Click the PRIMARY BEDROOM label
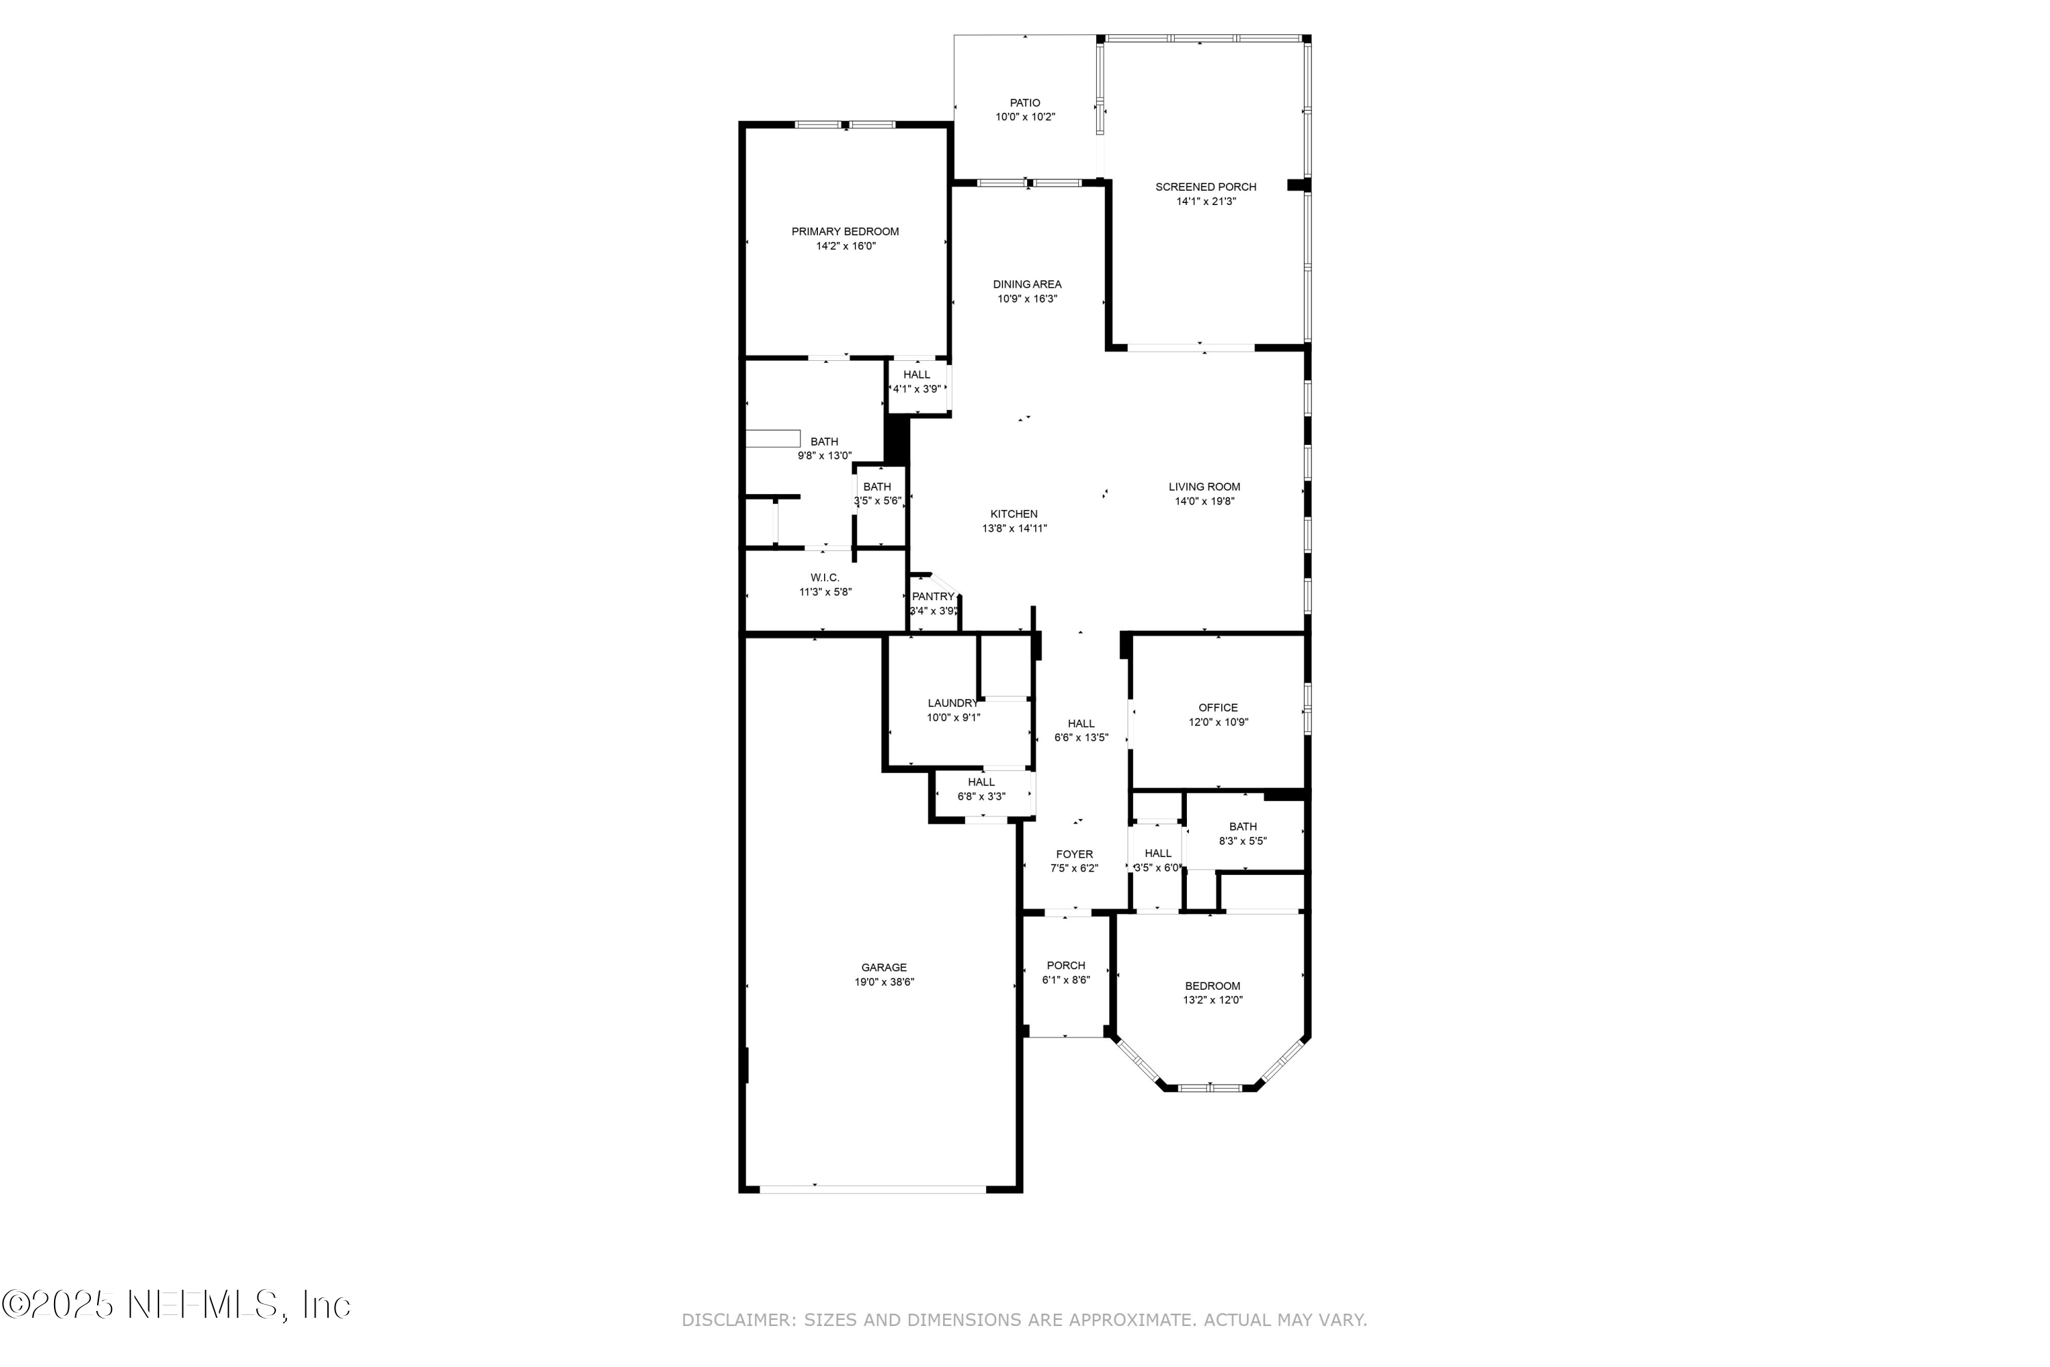845,231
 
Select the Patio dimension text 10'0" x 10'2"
1025,117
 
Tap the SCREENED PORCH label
1205,187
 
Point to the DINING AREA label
1027,284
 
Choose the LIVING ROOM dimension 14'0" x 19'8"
1205,501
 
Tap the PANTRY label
933,596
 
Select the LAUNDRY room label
953,703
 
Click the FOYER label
1074,854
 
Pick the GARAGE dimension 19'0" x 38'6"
884,982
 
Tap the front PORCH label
1066,965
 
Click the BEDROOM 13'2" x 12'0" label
1212,986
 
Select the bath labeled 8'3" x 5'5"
1243,833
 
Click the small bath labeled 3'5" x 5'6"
877,493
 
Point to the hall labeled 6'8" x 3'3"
981,789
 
